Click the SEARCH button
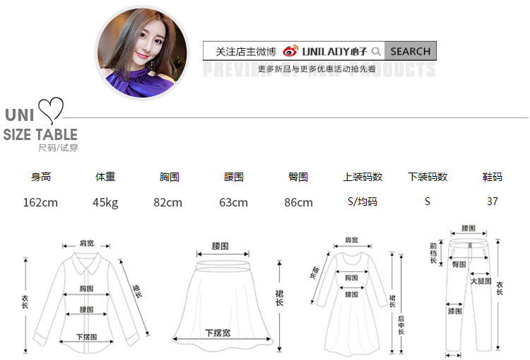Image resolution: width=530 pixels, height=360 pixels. (410, 51)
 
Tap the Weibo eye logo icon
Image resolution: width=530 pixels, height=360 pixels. (290, 51)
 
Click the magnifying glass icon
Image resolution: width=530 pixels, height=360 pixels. (376, 51)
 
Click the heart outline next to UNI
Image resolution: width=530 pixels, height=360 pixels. (51, 110)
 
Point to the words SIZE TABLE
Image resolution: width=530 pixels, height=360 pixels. (40, 134)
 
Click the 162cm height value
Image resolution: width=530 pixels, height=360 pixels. (40, 202)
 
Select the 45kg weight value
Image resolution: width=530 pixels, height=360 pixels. (105, 202)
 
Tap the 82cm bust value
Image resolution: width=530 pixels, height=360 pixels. (168, 202)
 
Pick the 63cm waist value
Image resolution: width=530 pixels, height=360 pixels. (233, 202)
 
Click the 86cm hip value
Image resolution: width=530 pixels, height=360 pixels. (298, 202)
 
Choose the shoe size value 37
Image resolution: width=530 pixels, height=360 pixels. (493, 202)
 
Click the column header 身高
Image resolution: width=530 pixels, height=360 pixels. (41, 177)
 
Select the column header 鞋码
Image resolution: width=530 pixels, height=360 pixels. (493, 177)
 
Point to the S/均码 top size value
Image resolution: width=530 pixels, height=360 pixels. (363, 202)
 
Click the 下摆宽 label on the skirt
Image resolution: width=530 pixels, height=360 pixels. (218, 332)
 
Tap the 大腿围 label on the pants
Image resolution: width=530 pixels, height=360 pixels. (481, 281)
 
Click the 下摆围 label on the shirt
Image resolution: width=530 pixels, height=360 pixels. (87, 337)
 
